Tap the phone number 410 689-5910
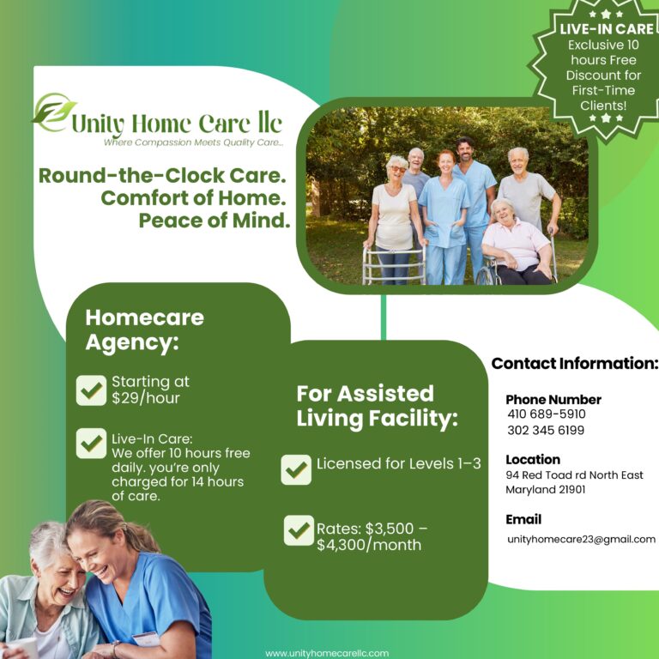(547, 414)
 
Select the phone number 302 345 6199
(546, 430)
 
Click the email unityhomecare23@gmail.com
(581, 539)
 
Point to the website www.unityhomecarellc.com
(327, 653)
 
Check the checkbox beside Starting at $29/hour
(91, 390)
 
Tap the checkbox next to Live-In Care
(91, 443)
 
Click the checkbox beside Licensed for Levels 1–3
(296, 469)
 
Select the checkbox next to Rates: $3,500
(299, 530)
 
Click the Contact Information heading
(574, 363)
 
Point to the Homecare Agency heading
(144, 329)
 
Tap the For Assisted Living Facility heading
(377, 406)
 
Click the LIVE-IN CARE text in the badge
(607, 29)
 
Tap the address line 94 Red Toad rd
(574, 475)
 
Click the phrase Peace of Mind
(215, 220)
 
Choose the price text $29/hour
(146, 398)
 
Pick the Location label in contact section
(533, 459)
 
